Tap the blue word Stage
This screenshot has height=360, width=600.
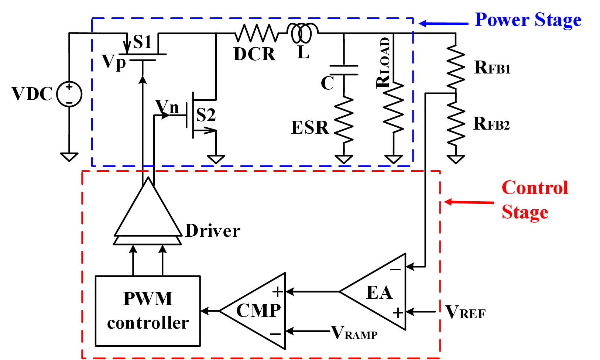(558, 20)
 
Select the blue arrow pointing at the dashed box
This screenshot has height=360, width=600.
(443, 24)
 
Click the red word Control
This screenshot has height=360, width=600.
(535, 188)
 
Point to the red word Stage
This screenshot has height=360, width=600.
(525, 212)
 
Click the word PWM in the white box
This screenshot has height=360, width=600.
(148, 298)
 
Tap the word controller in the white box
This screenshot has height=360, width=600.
(148, 323)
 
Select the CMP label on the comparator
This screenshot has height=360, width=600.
(258, 311)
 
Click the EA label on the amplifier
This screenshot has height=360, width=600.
(379, 292)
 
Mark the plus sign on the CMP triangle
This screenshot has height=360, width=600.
(278, 292)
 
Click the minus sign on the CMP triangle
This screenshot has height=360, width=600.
(275, 334)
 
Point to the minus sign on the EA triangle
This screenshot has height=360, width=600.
(395, 270)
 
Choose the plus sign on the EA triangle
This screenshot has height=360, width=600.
(398, 313)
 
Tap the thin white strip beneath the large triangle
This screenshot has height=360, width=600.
(147, 240)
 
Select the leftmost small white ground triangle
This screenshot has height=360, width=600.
(69, 157)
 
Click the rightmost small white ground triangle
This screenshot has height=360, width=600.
(456, 159)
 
